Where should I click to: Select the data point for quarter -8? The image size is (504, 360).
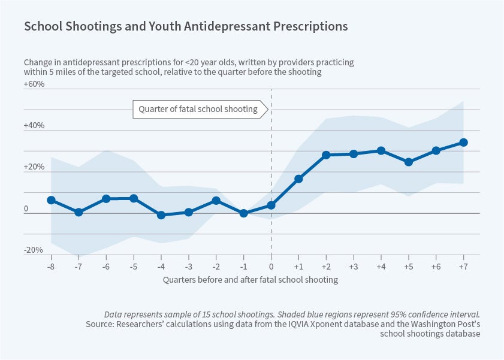(51, 200)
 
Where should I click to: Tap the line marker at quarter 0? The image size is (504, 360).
(271, 205)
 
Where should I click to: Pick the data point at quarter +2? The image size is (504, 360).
(326, 155)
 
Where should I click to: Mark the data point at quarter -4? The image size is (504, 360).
(161, 214)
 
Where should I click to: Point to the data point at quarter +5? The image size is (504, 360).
(409, 162)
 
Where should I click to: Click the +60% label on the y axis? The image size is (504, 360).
(34, 84)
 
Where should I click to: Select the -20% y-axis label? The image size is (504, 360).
(34, 250)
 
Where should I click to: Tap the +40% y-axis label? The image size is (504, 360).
(34, 126)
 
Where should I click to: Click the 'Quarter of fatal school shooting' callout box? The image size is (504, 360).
(198, 109)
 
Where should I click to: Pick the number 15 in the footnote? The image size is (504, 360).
(203, 314)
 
